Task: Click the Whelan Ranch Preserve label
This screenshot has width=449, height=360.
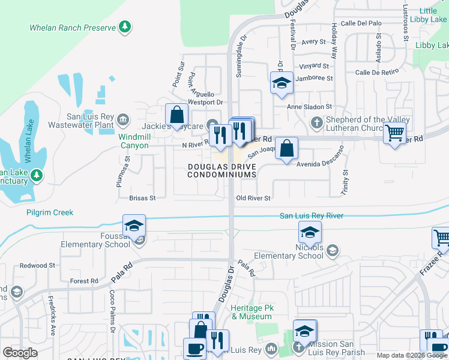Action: coord(73,28)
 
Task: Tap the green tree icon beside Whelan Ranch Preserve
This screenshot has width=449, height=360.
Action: coord(124,26)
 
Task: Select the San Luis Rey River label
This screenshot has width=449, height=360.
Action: coord(312,215)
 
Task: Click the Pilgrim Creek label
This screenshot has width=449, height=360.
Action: coord(49,212)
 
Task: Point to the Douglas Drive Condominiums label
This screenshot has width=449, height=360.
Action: coord(221,170)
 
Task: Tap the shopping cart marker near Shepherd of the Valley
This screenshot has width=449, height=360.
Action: coord(394,133)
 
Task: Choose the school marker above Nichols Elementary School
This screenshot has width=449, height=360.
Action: coord(310,232)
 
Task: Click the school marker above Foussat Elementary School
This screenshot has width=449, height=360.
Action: coord(134,226)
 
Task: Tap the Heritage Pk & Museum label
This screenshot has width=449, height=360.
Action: coord(252,312)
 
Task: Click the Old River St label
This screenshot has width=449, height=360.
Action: coord(253,198)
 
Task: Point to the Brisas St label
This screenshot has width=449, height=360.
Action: coord(142,197)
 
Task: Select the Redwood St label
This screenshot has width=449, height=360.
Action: coord(37,265)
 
